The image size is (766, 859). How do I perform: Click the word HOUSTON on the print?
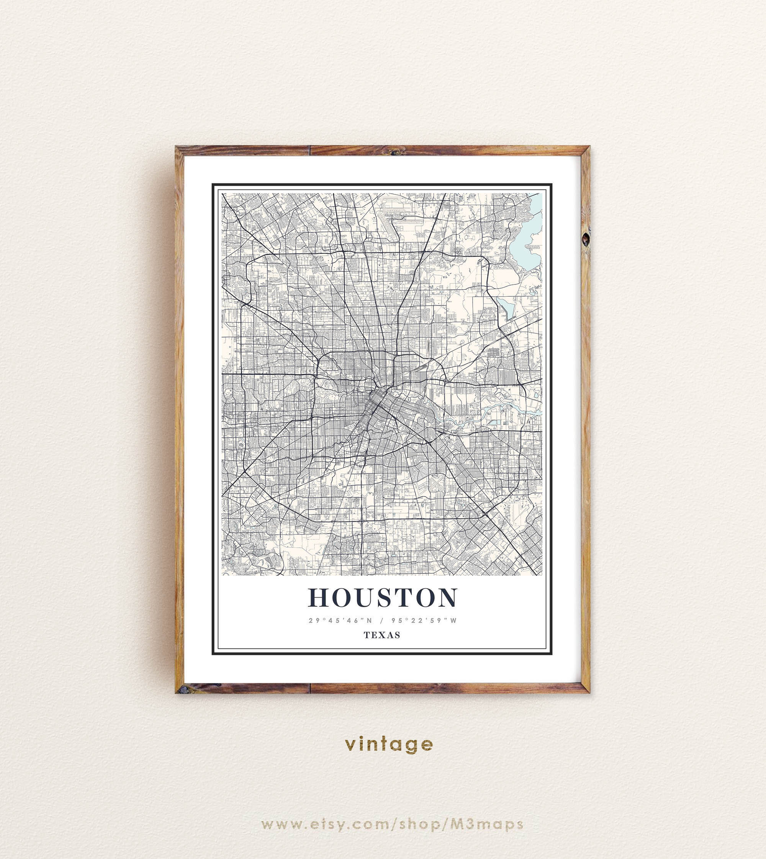[x=383, y=598]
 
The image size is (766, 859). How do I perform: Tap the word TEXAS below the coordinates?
[x=382, y=635]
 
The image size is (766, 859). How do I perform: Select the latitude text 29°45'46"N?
[x=340, y=621]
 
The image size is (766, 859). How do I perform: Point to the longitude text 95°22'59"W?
[x=424, y=621]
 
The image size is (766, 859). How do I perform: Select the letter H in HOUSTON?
[x=319, y=598]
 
